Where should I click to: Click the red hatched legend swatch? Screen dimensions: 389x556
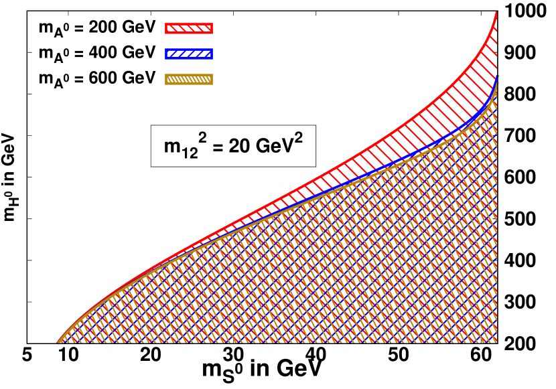[x=189, y=28]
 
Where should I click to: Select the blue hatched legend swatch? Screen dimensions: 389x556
[x=189, y=54]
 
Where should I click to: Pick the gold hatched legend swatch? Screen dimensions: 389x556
[x=189, y=79]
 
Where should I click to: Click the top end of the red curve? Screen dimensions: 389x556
[x=496, y=12]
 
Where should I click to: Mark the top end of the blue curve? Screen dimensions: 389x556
[x=497, y=77]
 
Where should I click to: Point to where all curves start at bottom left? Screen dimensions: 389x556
[x=58, y=342]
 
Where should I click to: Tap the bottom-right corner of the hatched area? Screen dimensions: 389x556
[x=496, y=342]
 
